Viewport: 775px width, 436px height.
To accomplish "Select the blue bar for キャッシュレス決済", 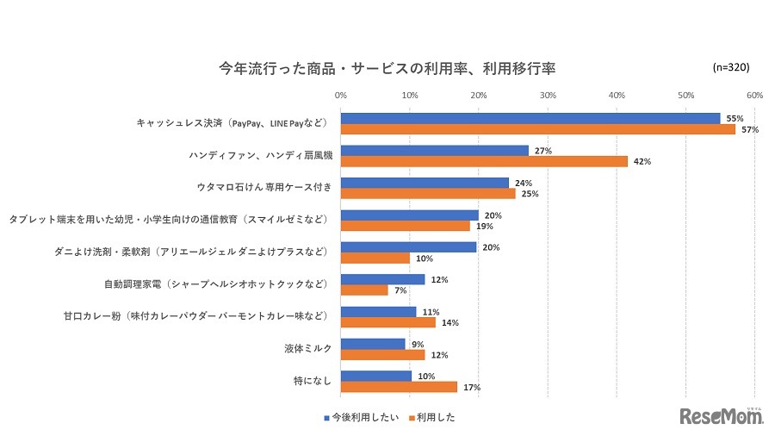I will [530, 118].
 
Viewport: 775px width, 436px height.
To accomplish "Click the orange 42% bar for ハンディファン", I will [484, 161].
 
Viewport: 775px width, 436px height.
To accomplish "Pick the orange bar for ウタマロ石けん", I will [428, 194].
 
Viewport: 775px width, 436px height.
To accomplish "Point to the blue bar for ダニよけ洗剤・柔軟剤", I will [408, 247].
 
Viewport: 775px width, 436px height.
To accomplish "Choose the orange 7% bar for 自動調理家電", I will [364, 290].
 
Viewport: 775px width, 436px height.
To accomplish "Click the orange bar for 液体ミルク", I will [382, 355].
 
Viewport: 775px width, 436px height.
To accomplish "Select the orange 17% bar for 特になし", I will [399, 387].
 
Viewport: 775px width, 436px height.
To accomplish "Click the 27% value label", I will [543, 151].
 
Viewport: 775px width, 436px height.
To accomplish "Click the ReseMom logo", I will [722, 416].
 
